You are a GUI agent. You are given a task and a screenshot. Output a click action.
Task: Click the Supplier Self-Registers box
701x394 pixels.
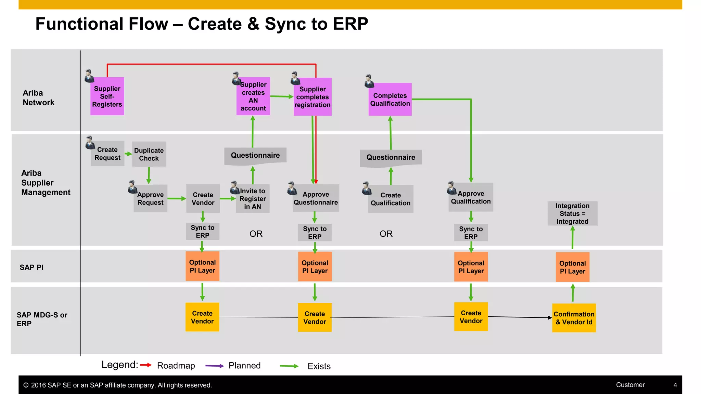[107, 96]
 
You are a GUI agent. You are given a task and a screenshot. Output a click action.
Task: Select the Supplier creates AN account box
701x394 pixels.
[253, 96]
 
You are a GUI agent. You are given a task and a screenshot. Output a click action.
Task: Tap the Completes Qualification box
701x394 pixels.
[390, 100]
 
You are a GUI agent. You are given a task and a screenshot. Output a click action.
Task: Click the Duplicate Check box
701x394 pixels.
[149, 154]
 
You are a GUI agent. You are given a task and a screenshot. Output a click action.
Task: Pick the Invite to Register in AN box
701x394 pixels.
[253, 199]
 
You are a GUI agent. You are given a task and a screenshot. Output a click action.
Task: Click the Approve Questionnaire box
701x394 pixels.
[316, 198]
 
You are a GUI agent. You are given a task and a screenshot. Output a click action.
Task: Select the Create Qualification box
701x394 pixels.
[391, 199]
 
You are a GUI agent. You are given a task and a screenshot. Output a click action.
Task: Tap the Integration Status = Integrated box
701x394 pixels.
[572, 213]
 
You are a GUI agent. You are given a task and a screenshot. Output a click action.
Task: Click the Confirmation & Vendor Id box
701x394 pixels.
[574, 318]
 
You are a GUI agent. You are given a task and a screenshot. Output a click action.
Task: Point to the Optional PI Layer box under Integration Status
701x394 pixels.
[572, 267]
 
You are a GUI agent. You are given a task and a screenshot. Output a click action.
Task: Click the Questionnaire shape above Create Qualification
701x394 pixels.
[391, 157]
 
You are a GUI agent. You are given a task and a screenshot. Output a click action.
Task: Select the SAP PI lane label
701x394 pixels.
[31, 267]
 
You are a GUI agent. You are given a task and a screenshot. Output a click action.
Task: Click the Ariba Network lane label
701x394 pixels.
[38, 98]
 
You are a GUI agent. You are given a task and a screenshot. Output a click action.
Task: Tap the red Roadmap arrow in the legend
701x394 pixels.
[146, 365]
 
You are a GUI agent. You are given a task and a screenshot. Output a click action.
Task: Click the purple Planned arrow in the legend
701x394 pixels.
[215, 366]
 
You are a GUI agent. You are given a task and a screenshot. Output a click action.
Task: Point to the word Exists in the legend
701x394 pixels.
[319, 366]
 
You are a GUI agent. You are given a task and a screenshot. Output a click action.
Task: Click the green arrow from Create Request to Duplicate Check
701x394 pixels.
[128, 154]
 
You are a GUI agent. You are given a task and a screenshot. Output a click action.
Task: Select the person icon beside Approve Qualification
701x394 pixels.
[451, 188]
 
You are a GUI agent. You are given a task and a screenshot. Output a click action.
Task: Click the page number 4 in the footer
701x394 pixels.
[675, 385]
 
